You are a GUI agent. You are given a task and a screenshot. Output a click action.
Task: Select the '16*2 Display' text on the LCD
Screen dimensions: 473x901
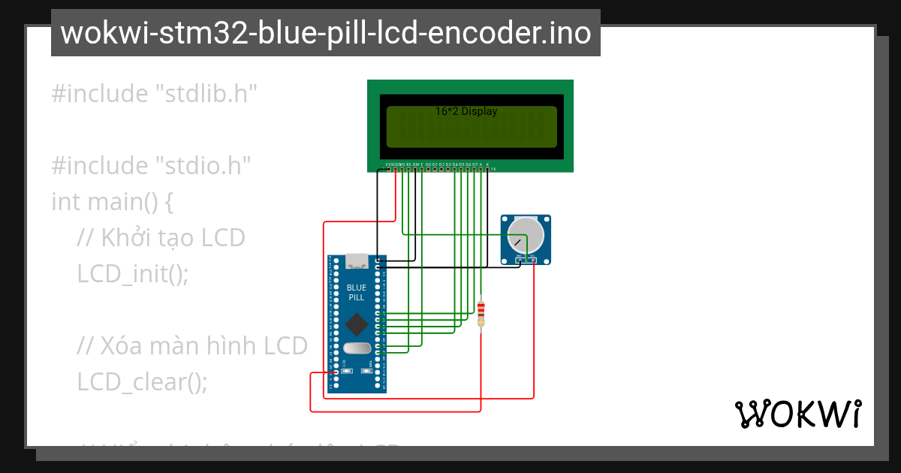click(466, 111)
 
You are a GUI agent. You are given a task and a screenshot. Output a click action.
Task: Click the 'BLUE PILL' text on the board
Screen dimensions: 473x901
click(357, 292)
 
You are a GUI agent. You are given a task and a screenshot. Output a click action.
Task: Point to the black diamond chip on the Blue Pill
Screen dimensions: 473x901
click(357, 324)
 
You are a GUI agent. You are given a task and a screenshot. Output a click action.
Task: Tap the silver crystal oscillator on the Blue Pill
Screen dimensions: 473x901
click(357, 348)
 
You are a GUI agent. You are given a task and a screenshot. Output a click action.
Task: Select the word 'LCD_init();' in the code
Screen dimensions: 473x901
click(132, 274)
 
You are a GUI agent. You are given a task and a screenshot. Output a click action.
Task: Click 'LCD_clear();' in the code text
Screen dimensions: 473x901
click(142, 382)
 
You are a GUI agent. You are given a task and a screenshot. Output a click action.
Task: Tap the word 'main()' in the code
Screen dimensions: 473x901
click(122, 202)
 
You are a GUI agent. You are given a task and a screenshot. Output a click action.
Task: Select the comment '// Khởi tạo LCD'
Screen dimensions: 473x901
click(161, 238)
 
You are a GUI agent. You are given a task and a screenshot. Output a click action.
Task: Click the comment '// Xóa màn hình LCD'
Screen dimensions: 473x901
click(192, 346)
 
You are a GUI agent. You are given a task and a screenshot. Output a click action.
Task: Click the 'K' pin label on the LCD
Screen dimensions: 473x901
click(487, 164)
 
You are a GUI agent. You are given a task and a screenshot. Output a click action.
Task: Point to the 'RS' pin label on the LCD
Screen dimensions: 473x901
click(408, 164)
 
